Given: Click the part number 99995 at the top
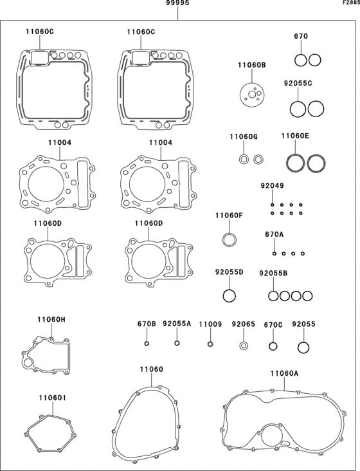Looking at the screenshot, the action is pyautogui.click(x=178, y=3).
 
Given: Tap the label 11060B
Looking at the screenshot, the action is pyautogui.click(x=252, y=65).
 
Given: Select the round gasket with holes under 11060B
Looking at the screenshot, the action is pyautogui.click(x=252, y=95).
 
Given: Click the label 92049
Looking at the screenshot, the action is pyautogui.click(x=272, y=186).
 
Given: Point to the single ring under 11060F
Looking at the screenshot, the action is pyautogui.click(x=230, y=240).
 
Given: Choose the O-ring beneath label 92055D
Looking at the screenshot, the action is pyautogui.click(x=230, y=295).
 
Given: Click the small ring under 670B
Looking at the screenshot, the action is pyautogui.click(x=147, y=344).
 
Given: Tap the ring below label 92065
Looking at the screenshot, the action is pyautogui.click(x=244, y=346).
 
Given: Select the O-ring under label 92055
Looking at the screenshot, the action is pyautogui.click(x=303, y=347).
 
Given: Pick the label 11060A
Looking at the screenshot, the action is pyautogui.click(x=284, y=373).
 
